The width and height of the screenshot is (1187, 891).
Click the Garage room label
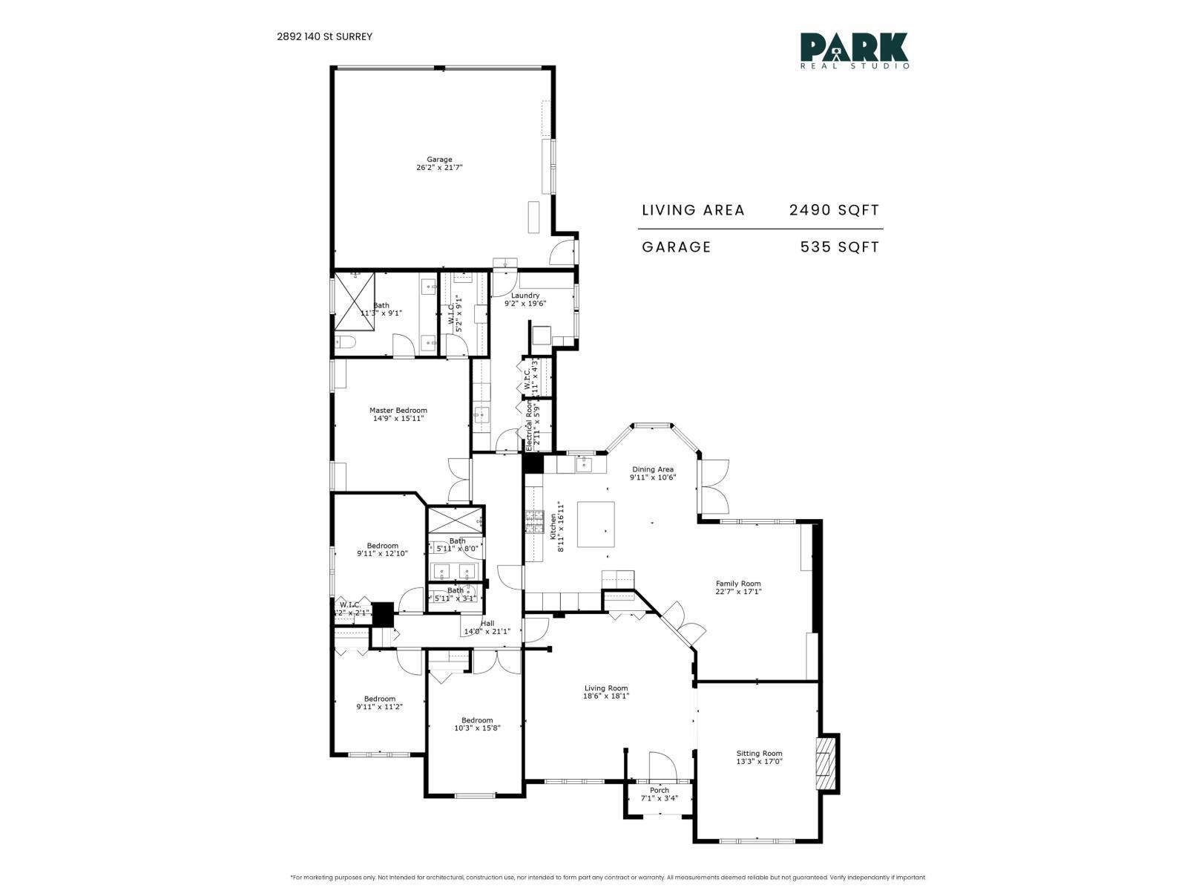[439, 160]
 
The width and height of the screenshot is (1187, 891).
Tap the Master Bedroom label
[398, 411]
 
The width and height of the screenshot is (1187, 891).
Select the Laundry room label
[525, 296]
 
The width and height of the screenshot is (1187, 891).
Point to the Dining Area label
[653, 469]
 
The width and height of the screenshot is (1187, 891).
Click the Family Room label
[738, 584]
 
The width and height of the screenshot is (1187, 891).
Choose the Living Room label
[606, 688]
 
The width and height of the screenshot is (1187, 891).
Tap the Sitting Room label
[759, 754]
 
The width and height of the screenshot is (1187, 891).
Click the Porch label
[659, 790]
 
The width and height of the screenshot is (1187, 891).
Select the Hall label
[487, 624]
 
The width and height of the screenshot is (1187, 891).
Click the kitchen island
[596, 524]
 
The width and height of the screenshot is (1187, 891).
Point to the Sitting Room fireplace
[824, 764]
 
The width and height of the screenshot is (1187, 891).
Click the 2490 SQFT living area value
[834, 210]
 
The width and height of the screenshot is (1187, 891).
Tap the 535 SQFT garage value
[839, 247]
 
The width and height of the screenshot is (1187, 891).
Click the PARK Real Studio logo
[855, 50]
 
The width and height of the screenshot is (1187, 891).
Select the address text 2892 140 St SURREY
[325, 36]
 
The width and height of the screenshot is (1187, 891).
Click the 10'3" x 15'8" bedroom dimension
[477, 728]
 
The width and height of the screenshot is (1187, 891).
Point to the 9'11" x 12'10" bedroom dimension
[383, 553]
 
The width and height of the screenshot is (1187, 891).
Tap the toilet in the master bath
[343, 342]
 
